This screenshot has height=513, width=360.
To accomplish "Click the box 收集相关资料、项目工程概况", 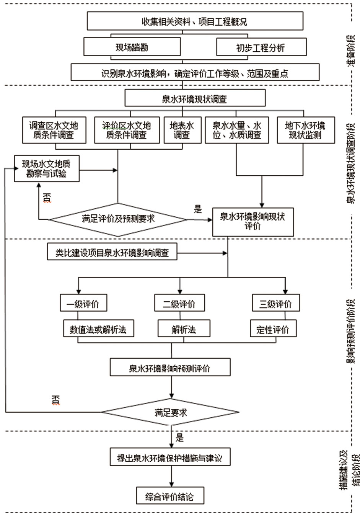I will [x=195, y=21].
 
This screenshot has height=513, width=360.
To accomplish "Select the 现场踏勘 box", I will [x=132, y=47].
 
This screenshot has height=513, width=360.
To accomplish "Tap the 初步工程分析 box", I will [x=261, y=47].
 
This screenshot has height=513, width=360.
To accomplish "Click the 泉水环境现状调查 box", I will [x=195, y=99].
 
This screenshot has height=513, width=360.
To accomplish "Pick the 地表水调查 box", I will [x=182, y=130].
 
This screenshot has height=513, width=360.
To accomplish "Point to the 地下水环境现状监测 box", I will [x=305, y=130].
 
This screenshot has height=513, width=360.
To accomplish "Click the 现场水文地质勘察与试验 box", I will [x=46, y=168].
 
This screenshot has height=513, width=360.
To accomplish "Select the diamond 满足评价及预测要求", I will [x=118, y=219].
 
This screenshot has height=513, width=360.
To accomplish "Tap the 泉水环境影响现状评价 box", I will [x=252, y=222].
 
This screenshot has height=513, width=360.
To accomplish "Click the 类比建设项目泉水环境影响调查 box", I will [x=112, y=253].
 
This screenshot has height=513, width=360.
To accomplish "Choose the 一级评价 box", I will [x=83, y=304].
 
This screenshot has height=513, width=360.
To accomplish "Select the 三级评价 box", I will [x=275, y=304].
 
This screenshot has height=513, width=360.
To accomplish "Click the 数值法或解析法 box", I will [x=98, y=329].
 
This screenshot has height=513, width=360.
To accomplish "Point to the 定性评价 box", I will [x=273, y=329].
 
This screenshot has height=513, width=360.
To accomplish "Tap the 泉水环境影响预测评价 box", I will [x=170, y=368].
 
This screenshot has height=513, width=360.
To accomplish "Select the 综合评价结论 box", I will [x=169, y=496].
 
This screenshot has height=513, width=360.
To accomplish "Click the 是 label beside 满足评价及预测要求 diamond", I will [x=198, y=209].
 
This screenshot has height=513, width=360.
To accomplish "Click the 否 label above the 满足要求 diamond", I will [x=56, y=400].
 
